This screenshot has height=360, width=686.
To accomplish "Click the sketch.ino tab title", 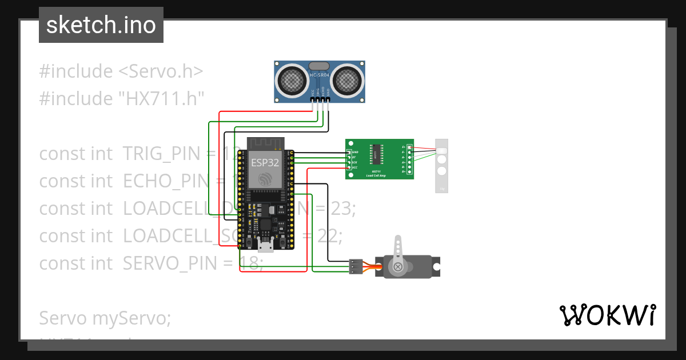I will click(x=101, y=25).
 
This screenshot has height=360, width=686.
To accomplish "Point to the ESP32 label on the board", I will click(x=265, y=162).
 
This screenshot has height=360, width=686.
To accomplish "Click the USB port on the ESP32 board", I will click(x=265, y=246).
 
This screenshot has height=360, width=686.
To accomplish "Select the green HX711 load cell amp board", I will click(x=379, y=159).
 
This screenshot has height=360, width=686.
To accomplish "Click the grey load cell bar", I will click(x=441, y=166).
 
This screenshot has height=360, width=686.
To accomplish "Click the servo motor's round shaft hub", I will click(x=397, y=266).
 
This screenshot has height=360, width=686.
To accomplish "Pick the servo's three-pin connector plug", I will click(x=356, y=267).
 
